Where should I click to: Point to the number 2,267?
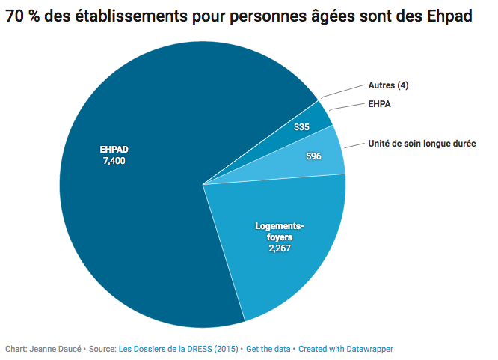(x=281, y=248)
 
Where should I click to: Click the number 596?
(x=315, y=156)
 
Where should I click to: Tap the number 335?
(x=301, y=128)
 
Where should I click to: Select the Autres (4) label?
(x=388, y=85)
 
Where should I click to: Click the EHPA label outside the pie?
(x=380, y=105)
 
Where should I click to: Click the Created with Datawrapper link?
(x=346, y=349)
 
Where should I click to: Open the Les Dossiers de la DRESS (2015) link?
(x=179, y=349)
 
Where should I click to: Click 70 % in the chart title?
(x=23, y=16)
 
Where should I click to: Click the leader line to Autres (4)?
(x=343, y=91)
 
